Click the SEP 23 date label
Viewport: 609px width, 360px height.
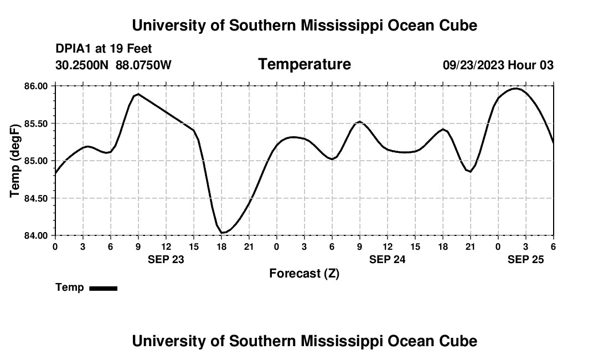(x=166, y=259)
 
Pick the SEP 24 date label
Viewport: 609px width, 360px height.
(x=387, y=259)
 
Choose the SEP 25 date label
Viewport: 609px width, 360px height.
(x=525, y=259)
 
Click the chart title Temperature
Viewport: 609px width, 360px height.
(x=304, y=64)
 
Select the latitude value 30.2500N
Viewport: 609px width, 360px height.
(x=82, y=65)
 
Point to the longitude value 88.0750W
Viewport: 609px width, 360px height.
(x=143, y=65)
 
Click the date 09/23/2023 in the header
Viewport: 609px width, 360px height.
(x=473, y=65)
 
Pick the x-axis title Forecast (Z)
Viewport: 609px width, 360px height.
(x=304, y=274)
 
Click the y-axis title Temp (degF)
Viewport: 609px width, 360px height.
(x=15, y=161)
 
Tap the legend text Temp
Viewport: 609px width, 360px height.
(x=70, y=287)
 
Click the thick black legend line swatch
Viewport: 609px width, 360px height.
(x=103, y=288)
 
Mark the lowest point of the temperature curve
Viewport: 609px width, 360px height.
(x=222, y=233)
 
